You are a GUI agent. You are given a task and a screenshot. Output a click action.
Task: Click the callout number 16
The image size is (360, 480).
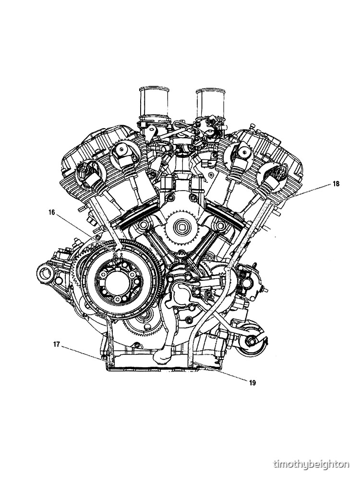[51, 212]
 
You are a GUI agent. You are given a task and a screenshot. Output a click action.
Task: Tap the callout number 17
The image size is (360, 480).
[56, 344]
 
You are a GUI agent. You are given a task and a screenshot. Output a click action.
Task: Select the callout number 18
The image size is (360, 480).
[336, 184]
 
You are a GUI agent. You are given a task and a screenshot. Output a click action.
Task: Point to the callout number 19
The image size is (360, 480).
[252, 383]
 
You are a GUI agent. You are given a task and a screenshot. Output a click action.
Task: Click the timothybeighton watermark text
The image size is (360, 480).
[311, 464]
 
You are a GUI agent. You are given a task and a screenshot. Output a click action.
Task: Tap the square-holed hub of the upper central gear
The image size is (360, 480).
[182, 227]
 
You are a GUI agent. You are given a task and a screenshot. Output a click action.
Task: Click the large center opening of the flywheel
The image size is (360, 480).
[118, 281]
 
